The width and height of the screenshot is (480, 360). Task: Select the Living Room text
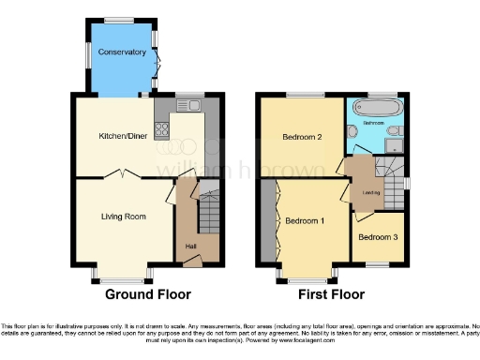tap(124, 217)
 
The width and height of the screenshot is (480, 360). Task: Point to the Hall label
tap(190, 247)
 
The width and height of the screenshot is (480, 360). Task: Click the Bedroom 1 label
tap(305, 221)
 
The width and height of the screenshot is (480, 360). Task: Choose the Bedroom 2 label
tap(302, 138)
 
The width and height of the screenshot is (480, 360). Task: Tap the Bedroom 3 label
tap(378, 237)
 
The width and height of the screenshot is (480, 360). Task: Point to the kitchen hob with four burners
tap(163, 128)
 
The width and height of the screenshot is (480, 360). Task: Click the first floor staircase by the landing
tap(386, 172)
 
